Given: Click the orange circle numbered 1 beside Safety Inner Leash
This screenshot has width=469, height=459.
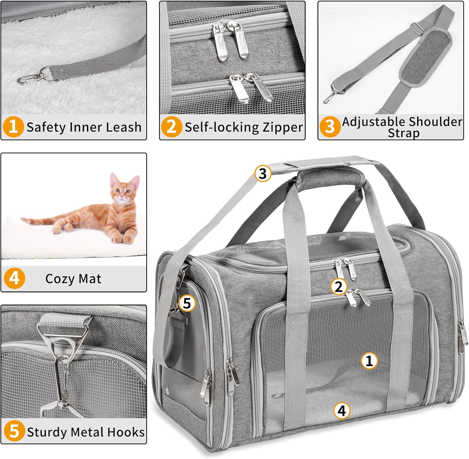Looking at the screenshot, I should click(x=13, y=127).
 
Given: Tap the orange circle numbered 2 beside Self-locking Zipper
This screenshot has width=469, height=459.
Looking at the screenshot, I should click(x=171, y=127).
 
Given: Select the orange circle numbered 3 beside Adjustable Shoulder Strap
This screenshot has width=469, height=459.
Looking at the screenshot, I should click(x=330, y=127).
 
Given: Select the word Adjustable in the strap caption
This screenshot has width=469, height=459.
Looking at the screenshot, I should click(x=374, y=122).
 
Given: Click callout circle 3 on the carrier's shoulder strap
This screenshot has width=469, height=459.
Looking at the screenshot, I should click(x=263, y=173).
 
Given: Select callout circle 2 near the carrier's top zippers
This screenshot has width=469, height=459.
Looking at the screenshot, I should click(x=338, y=286).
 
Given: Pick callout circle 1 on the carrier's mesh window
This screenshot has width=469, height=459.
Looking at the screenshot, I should click(x=369, y=360).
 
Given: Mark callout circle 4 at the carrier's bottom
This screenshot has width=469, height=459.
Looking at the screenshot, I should click(x=342, y=410).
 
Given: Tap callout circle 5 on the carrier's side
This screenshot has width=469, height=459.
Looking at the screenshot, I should click(x=187, y=303).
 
